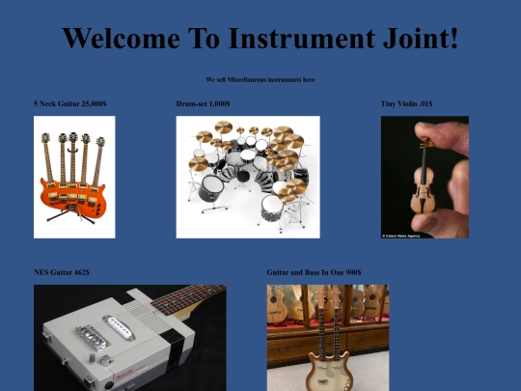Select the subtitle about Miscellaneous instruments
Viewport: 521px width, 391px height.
tap(260, 79)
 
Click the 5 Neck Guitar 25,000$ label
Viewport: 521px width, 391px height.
tap(69, 103)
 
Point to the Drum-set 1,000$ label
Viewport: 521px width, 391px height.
tap(203, 103)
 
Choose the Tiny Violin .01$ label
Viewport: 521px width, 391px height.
tap(406, 103)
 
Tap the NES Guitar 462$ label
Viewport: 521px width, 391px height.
tap(62, 272)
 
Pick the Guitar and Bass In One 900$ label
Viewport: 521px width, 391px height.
tap(314, 272)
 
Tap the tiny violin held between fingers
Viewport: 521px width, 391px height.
tap(422, 183)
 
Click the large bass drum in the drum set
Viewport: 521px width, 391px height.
tap(211, 187)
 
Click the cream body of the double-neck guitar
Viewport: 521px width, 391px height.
tap(327, 372)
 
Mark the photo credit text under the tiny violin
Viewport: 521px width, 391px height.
tap(402, 235)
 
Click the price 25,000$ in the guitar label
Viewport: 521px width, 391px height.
tap(94, 103)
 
